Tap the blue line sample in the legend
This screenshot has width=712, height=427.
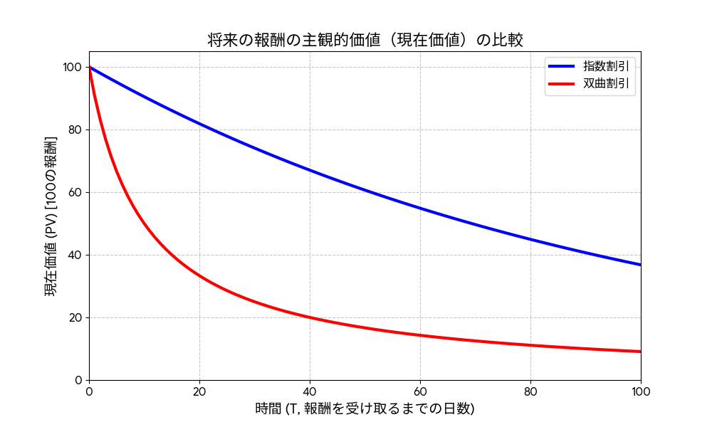point(561,66)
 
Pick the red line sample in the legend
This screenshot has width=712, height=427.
point(561,83)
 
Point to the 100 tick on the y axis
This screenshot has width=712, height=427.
point(72,68)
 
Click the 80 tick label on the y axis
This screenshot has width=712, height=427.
point(75,130)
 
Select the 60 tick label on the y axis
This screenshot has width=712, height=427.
point(75,193)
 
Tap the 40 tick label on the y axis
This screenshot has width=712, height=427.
point(75,255)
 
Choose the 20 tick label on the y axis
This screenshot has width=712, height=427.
point(75,318)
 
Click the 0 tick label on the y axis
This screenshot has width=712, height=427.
point(78,381)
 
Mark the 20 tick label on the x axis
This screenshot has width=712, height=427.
point(199,391)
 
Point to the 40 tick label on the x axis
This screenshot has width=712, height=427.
point(310,391)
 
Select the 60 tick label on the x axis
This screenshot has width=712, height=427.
point(420,391)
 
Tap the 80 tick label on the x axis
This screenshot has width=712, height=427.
point(530,391)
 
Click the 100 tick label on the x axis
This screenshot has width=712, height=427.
point(641,391)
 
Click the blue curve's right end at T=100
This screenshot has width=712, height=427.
point(640,265)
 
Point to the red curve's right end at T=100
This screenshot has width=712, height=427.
point(640,352)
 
